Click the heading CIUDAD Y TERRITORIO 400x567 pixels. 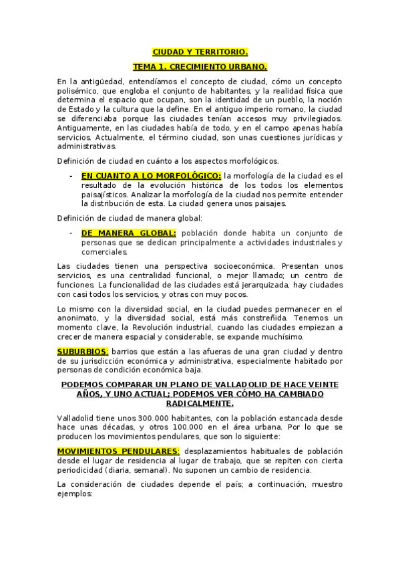[200, 51]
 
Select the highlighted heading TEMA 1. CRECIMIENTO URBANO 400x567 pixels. [200, 67]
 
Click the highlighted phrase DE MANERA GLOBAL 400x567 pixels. [129, 233]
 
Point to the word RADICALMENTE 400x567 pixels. [200, 403]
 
